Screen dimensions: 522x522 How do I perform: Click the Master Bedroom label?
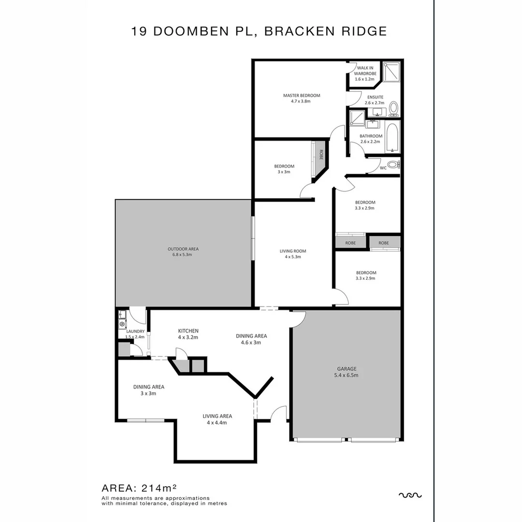302,98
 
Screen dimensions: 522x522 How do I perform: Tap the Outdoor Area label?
183,251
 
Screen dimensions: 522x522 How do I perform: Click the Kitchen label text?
188,334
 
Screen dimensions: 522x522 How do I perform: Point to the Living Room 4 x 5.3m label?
293,254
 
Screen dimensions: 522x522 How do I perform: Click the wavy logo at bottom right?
410,495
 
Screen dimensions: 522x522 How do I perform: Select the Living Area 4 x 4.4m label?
217,419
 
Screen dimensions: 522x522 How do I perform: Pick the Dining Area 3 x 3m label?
149,390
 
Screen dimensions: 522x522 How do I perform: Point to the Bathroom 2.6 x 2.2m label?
371,139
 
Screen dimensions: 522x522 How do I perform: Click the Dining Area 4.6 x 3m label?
251,339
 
